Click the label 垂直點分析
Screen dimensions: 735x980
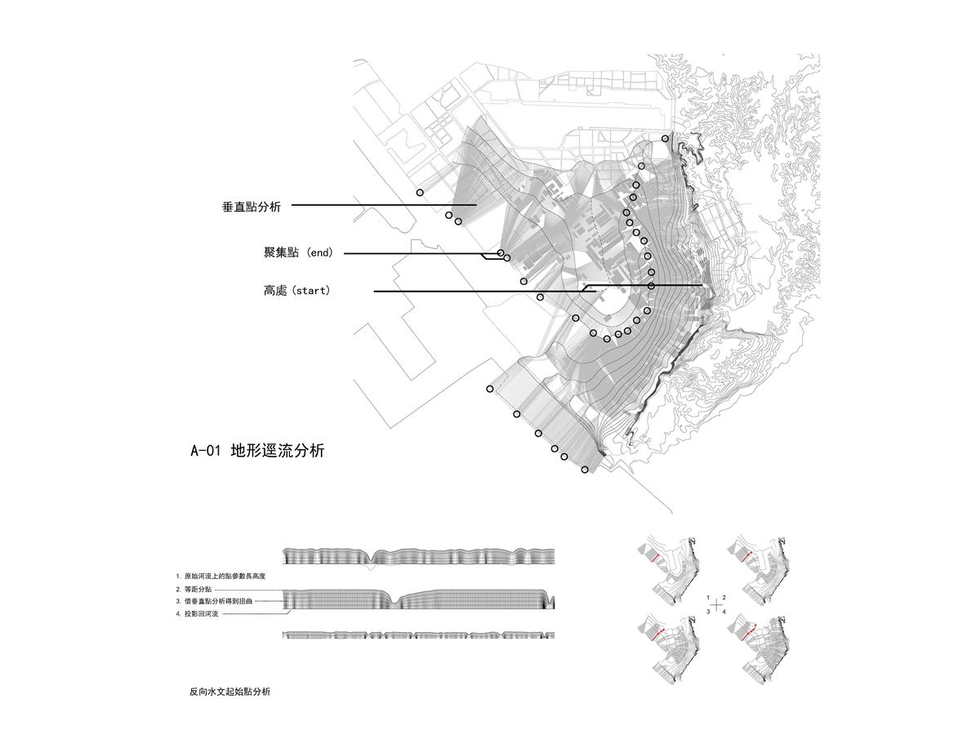(252, 207)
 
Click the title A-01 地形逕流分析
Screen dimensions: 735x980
(257, 450)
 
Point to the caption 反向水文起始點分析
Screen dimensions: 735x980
(229, 692)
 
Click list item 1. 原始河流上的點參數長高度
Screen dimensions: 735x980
(220, 577)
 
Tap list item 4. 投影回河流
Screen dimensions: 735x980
(197, 613)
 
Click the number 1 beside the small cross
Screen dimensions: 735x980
(708, 598)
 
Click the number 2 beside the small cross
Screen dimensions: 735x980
(724, 598)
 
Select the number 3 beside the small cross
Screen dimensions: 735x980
(708, 611)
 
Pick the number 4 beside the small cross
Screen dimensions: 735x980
(724, 611)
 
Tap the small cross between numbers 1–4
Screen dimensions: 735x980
(716, 605)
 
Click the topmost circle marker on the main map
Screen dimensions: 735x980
(666, 139)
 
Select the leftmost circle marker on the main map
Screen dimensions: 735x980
(420, 193)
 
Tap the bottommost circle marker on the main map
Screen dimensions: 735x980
(585, 470)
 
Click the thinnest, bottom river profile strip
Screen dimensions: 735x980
(418, 635)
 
